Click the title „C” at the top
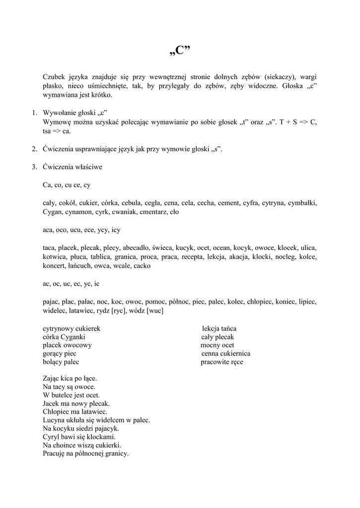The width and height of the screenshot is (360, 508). click(x=180, y=51)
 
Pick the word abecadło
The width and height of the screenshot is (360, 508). click(x=135, y=248)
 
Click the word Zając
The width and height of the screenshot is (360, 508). click(x=53, y=378)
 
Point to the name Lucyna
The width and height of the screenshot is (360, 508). click(x=54, y=420)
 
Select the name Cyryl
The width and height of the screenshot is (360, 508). click(x=51, y=437)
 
